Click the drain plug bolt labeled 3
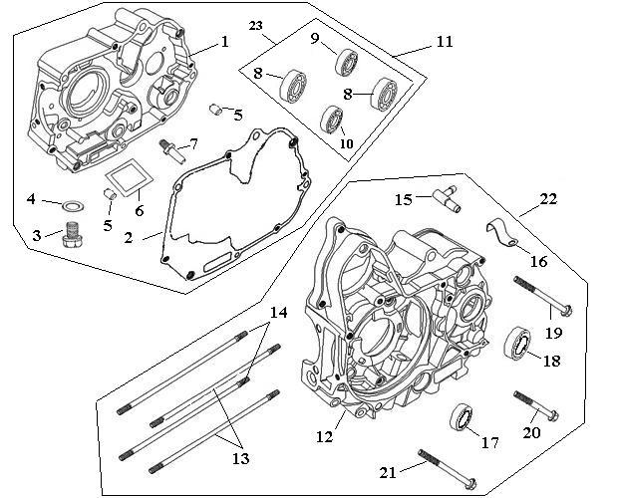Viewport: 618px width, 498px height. [x=73, y=234]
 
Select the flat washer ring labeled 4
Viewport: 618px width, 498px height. [x=74, y=205]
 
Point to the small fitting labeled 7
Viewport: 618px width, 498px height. [x=171, y=149]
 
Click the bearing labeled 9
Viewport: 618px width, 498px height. [x=347, y=61]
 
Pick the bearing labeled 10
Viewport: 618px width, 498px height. [x=332, y=119]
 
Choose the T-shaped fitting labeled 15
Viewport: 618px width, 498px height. [x=447, y=198]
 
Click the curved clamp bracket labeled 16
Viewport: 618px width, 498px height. [x=501, y=234]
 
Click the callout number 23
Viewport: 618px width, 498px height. [x=255, y=26]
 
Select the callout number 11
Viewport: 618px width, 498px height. [x=445, y=42]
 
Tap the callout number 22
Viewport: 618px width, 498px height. [x=548, y=199]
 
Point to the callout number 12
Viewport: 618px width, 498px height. [x=324, y=436]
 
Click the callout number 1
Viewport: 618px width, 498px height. [x=224, y=41]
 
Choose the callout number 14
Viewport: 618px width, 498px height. [x=279, y=312]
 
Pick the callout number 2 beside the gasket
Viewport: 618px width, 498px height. [x=129, y=238]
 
